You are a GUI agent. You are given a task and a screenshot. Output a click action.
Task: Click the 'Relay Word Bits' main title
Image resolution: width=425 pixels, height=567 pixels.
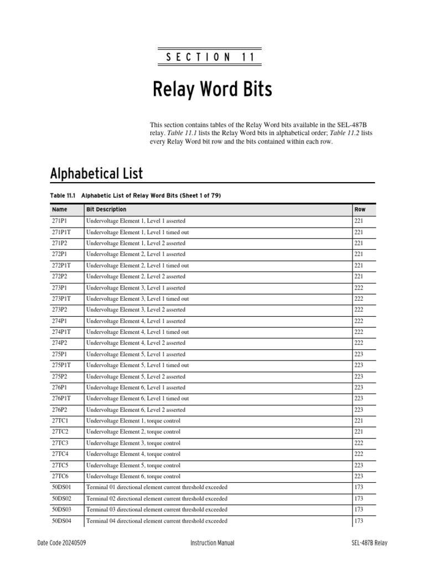pos(212,90)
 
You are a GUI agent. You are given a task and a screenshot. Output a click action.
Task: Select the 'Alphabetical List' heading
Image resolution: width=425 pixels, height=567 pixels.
pos(96,173)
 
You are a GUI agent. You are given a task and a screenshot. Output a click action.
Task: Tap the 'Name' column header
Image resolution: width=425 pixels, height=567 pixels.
pos(59,209)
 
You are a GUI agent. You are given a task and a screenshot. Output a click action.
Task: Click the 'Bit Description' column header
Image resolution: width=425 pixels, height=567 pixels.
pos(106,209)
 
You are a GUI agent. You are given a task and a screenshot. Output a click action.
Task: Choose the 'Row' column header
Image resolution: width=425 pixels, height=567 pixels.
pos(360,209)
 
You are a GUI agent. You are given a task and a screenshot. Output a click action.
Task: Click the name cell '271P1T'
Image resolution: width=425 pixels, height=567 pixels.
pos(61,232)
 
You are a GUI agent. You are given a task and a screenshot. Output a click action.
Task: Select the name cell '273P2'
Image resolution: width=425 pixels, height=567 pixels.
pos(60,310)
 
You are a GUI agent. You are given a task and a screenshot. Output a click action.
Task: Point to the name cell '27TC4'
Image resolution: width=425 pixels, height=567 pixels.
pos(60,454)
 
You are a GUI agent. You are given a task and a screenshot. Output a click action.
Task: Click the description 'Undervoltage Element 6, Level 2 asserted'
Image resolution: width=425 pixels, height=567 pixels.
pos(136,410)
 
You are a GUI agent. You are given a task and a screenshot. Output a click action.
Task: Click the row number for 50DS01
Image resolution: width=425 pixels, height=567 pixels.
pos(359,487)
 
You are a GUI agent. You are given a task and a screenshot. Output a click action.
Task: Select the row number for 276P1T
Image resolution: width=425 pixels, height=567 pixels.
pos(359,399)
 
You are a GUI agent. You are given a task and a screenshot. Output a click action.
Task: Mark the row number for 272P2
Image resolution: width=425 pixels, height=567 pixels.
pos(359,276)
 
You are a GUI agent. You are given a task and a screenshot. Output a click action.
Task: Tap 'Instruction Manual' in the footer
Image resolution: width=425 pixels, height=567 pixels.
pos(212,543)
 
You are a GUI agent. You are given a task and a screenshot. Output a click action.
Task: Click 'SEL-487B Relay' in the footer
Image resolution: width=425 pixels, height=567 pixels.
pos(369,543)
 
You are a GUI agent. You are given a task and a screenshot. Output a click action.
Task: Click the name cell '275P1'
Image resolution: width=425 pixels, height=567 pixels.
pos(60,354)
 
